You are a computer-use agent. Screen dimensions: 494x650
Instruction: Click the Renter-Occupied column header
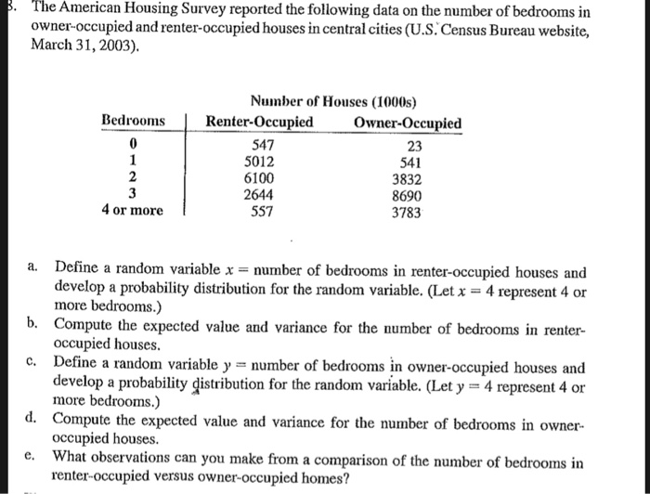pos(259,123)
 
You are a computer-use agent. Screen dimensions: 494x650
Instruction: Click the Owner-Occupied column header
pos(408,123)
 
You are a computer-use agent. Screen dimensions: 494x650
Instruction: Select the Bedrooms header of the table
pos(133,122)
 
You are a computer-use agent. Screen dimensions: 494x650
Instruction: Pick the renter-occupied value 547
pos(265,145)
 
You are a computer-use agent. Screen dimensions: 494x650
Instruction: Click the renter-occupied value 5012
pos(265,162)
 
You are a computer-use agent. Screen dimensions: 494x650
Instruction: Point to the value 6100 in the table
pos(265,178)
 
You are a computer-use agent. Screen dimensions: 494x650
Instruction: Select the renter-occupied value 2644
pos(265,195)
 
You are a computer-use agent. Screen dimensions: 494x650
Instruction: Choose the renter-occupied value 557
pos(265,211)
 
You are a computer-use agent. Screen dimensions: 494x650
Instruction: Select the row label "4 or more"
pos(132,211)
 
